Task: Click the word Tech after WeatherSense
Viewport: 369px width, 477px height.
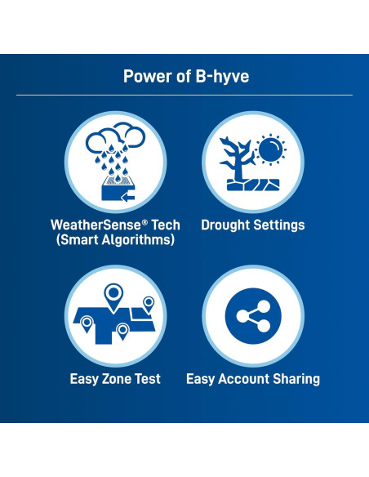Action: click(x=164, y=225)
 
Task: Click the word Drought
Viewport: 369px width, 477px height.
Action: click(x=226, y=225)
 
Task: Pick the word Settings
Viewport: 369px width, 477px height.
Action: click(x=278, y=225)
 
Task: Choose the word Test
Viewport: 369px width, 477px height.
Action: click(x=149, y=379)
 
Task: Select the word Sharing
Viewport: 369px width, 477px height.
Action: click(x=295, y=379)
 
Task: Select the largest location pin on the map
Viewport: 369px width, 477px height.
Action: click(x=111, y=296)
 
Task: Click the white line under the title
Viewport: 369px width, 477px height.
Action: click(x=184, y=95)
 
